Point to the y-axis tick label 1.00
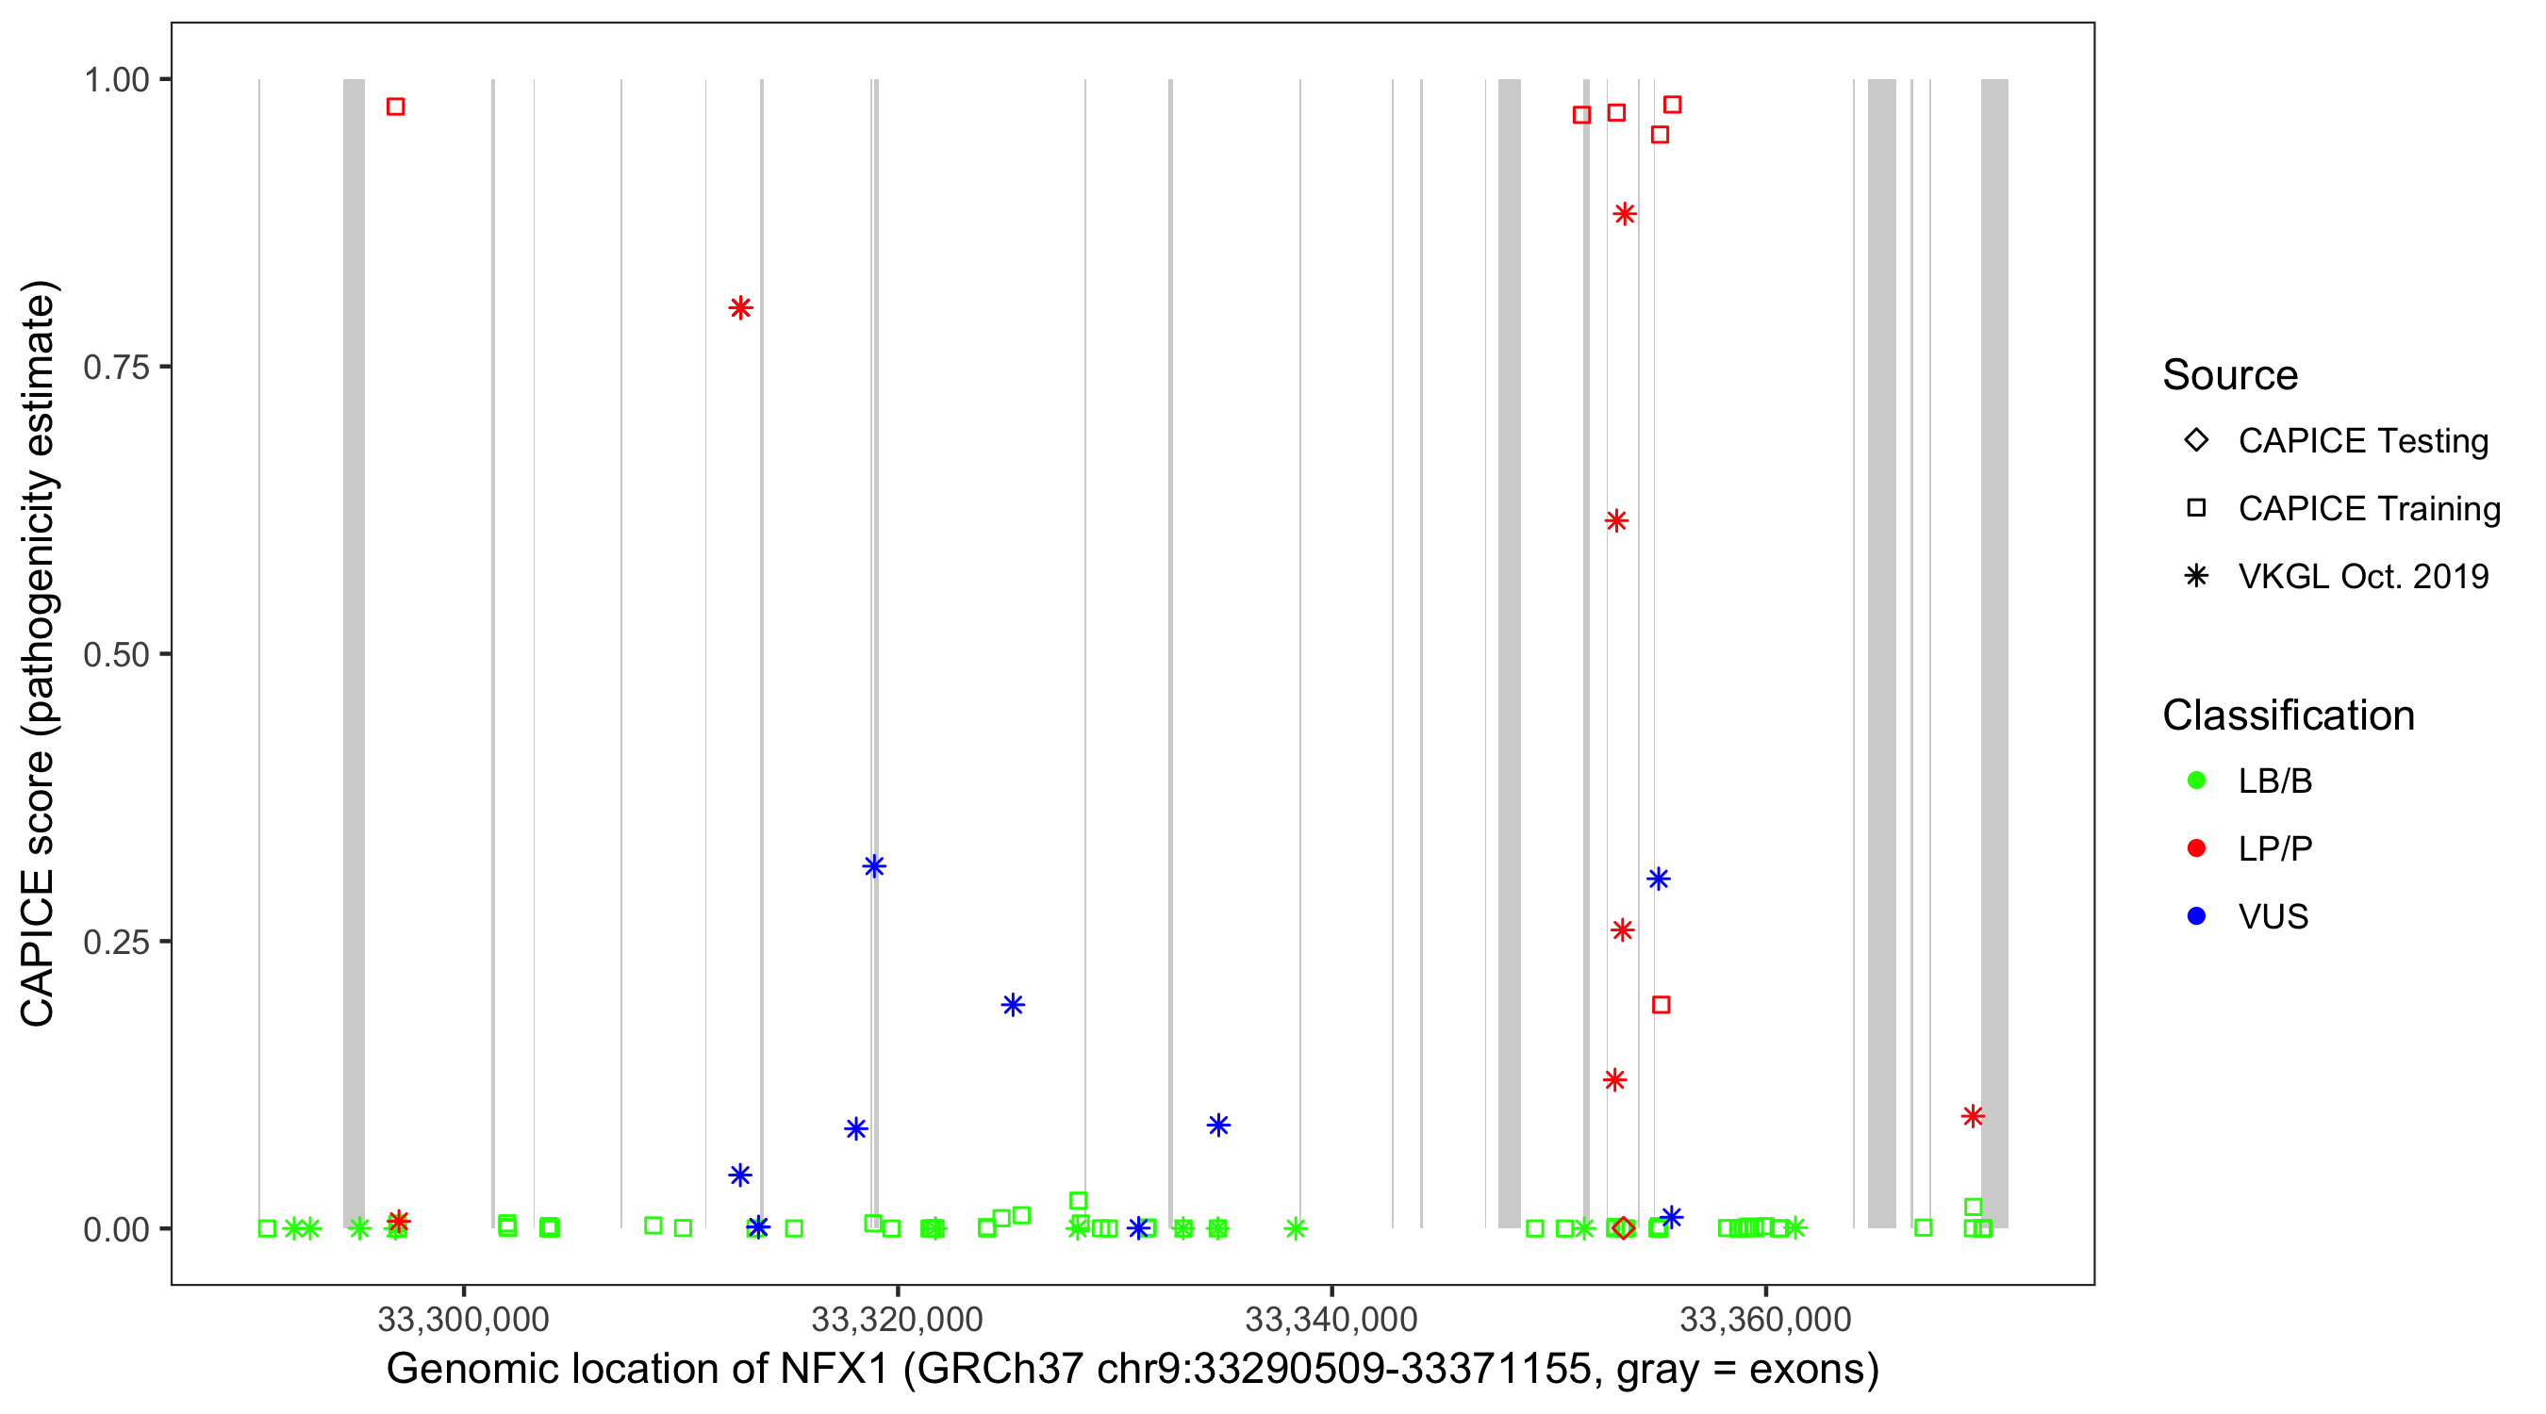coord(116,80)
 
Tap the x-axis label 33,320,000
coord(897,1318)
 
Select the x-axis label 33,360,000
coord(1765,1318)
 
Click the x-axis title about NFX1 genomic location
coord(1132,1370)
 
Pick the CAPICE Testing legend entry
coord(2362,441)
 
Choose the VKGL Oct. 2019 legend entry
coord(2362,576)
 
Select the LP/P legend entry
coord(2274,848)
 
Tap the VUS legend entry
coord(2273,917)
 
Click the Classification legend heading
coord(2288,715)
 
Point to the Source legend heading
coord(2230,375)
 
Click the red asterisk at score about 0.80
coord(740,308)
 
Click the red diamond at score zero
coord(1623,1228)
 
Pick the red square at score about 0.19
coord(1662,1005)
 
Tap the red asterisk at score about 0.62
coord(1616,520)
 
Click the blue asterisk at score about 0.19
coord(1012,1005)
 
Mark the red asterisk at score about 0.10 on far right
coord(1973,1116)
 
